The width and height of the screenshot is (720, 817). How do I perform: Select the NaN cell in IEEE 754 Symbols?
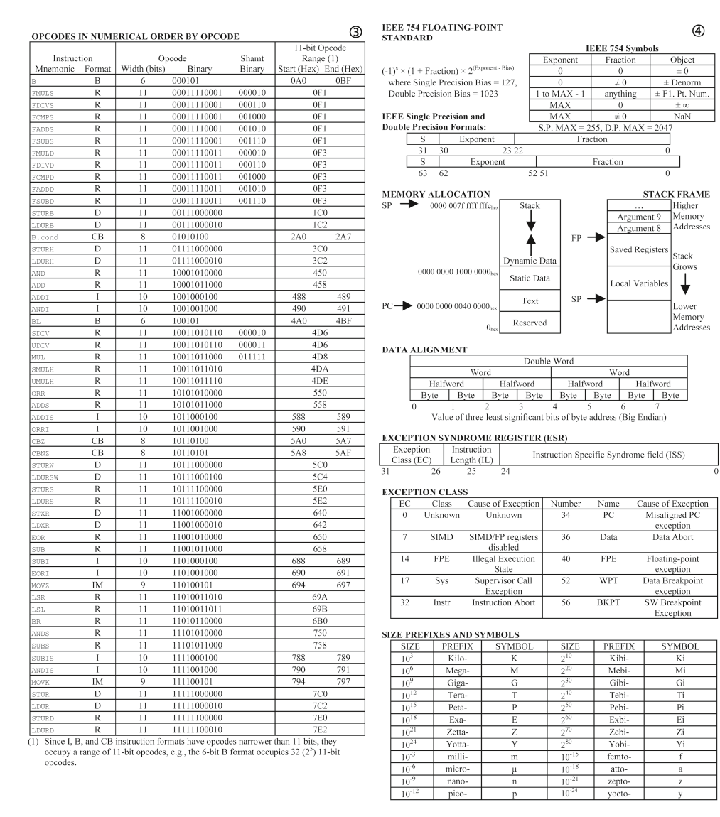[676, 114]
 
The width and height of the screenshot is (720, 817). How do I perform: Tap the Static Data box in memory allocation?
[530, 279]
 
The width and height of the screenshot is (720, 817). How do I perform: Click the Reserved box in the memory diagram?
[530, 323]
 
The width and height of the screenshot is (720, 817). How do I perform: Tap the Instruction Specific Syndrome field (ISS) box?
[609, 454]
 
